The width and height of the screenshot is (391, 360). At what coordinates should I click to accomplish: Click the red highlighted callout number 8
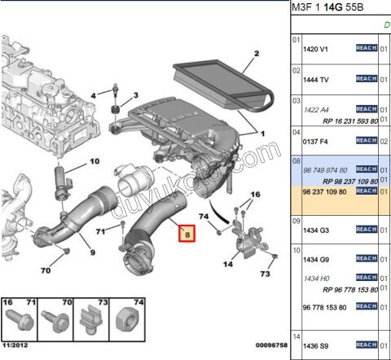[x=187, y=235]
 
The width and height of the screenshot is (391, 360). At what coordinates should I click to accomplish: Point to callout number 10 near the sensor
[x=94, y=161]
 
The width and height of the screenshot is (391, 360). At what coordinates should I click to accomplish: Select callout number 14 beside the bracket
[x=227, y=263]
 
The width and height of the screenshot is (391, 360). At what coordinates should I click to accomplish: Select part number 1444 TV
[x=315, y=80]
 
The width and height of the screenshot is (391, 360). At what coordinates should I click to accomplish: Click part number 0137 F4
[x=314, y=140]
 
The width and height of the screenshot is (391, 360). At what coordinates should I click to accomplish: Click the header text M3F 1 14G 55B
[x=327, y=7]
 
